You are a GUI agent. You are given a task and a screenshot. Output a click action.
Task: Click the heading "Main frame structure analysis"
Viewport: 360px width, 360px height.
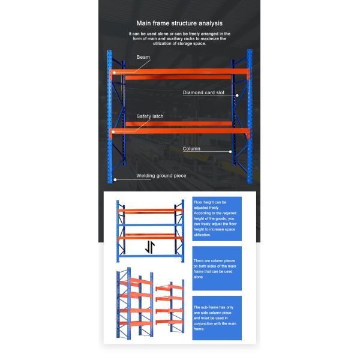[x=180, y=23]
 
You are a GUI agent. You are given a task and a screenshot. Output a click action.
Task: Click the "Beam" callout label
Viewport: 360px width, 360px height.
[x=143, y=58]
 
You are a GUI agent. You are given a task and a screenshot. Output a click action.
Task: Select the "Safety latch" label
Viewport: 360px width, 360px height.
[x=149, y=116]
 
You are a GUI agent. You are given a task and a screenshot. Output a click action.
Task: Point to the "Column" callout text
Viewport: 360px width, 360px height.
[x=191, y=149]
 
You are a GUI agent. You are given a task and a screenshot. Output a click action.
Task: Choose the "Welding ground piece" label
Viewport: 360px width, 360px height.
[x=161, y=176]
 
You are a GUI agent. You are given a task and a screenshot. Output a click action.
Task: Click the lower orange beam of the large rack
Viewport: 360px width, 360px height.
[x=180, y=130]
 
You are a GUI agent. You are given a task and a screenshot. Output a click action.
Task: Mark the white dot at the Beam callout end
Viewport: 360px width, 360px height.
[x=114, y=73]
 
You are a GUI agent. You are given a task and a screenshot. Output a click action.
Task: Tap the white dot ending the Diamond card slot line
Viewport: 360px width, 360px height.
[x=237, y=95]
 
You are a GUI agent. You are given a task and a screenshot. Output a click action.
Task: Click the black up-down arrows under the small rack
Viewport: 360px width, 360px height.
[x=151, y=247]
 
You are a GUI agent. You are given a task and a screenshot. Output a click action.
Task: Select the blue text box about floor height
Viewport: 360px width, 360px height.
[x=217, y=219]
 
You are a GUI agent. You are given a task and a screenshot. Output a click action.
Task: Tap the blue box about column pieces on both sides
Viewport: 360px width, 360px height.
[x=217, y=268]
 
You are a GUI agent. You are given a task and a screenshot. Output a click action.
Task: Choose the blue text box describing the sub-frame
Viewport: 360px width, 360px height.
[x=217, y=318]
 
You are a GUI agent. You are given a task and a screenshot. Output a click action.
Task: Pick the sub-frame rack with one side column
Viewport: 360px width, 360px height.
[x=169, y=306]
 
